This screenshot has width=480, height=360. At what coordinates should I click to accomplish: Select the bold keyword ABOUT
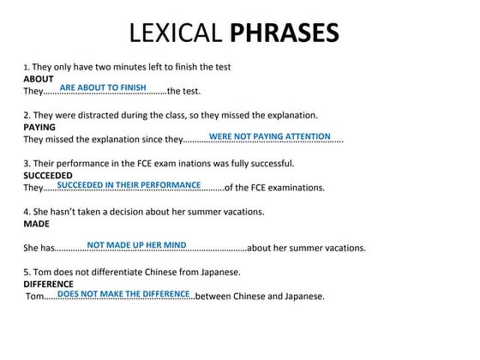[x=39, y=79]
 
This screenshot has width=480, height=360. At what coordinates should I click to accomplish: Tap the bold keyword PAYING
[x=39, y=127]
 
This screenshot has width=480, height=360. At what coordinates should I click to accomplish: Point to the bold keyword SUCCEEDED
[x=48, y=175]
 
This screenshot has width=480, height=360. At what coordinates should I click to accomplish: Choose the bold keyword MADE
[x=36, y=223]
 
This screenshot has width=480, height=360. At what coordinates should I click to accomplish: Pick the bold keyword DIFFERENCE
[x=48, y=284]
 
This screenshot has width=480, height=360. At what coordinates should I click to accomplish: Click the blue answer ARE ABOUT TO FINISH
[x=103, y=88]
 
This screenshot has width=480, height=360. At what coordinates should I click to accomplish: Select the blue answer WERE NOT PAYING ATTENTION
[x=269, y=136]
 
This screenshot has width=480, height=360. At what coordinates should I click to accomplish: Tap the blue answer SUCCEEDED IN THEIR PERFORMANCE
[x=129, y=184]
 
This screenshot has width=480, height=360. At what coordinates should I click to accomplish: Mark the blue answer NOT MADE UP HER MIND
[x=137, y=245]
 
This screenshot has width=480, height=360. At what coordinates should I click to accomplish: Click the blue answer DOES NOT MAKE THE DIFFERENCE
[x=123, y=293]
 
